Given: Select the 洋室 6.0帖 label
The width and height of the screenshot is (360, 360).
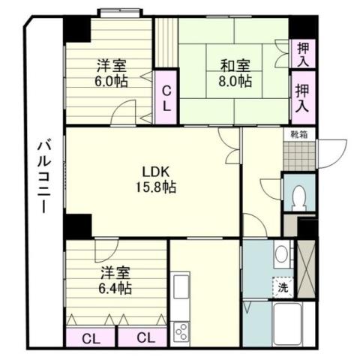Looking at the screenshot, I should (111, 73).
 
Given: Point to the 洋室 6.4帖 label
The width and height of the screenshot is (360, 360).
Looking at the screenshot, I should (112, 279).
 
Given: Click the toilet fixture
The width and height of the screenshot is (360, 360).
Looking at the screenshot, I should (299, 196).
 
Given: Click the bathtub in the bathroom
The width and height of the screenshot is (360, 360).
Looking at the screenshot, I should (288, 323).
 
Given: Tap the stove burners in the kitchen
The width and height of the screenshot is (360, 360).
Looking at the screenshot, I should (181, 331).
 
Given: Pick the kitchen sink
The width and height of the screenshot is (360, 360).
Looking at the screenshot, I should (181, 287).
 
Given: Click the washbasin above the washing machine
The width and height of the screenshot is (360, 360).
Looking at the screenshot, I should (282, 253).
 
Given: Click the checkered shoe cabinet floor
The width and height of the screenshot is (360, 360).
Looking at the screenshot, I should (299, 155).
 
